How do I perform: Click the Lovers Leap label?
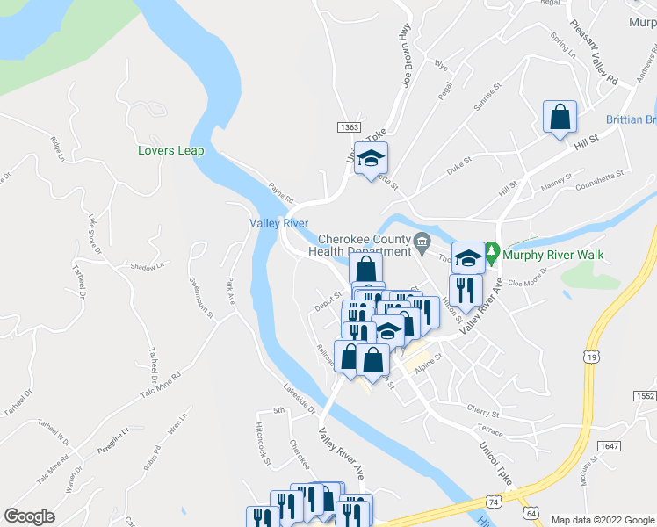[x=170, y=150]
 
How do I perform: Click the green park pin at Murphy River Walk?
[x=492, y=256]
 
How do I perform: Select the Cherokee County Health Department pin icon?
[x=422, y=241]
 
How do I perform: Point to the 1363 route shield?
[x=348, y=127]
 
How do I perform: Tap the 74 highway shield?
[x=496, y=501]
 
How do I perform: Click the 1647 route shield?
[x=609, y=446]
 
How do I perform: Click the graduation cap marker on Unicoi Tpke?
[x=372, y=159]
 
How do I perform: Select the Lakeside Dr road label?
[x=300, y=398]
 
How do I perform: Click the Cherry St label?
[x=483, y=410]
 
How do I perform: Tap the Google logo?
[x=30, y=516]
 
